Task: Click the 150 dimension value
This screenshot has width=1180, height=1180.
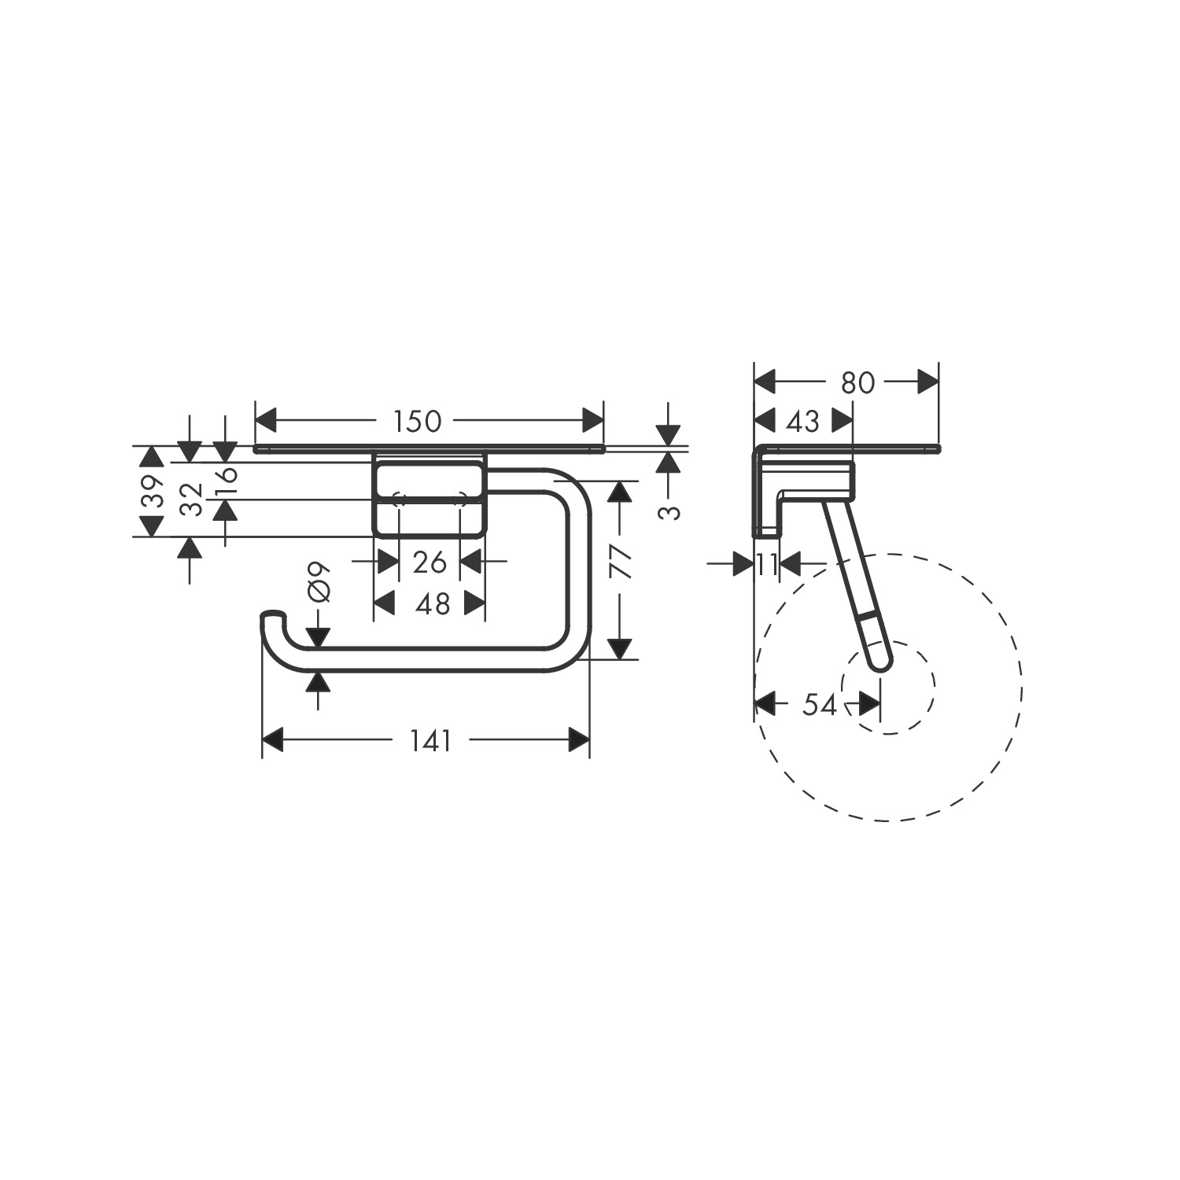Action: click(x=418, y=422)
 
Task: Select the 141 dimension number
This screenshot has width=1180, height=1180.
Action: click(x=430, y=740)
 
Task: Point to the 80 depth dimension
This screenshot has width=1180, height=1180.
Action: click(x=857, y=383)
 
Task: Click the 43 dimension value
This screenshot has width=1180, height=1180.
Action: click(x=803, y=422)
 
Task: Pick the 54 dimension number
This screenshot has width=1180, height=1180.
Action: click(x=819, y=705)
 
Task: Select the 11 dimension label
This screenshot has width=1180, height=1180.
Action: click(x=767, y=564)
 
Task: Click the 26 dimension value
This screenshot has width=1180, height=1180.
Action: click(x=430, y=562)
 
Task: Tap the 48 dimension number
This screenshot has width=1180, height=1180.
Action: click(x=432, y=604)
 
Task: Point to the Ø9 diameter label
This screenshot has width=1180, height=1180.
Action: click(x=319, y=582)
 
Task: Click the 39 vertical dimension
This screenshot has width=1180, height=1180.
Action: click(x=153, y=492)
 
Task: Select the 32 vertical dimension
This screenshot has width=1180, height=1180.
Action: click(x=191, y=500)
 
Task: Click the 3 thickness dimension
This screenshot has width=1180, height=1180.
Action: click(x=669, y=512)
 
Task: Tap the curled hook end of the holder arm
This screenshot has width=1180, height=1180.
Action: click(x=272, y=618)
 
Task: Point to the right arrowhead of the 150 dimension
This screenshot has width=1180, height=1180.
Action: click(x=592, y=421)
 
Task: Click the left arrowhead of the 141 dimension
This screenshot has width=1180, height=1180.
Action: click(x=272, y=740)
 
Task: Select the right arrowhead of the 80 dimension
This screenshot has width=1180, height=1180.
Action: click(x=927, y=383)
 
